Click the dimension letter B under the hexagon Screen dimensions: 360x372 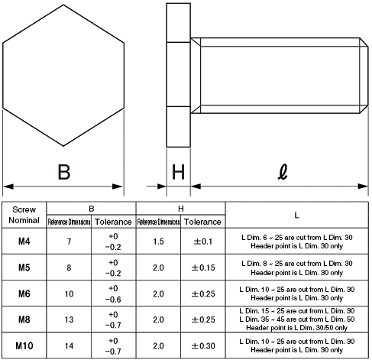click(x=64, y=171)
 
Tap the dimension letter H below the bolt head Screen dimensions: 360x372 click(x=178, y=171)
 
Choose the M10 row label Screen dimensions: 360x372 click(x=24, y=345)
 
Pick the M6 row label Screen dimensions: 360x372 click(x=24, y=294)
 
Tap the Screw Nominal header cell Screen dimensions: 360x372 click(x=24, y=214)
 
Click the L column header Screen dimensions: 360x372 click(x=297, y=214)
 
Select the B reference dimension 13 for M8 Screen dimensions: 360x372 click(x=69, y=319)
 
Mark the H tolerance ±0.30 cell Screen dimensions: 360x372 click(x=202, y=345)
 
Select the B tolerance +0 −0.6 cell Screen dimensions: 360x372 click(x=113, y=294)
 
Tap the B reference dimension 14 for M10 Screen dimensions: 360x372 click(x=69, y=345)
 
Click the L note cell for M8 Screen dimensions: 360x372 click(x=297, y=319)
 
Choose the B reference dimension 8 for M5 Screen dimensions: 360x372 click(x=69, y=268)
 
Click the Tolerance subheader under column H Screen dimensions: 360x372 click(x=202, y=222)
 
